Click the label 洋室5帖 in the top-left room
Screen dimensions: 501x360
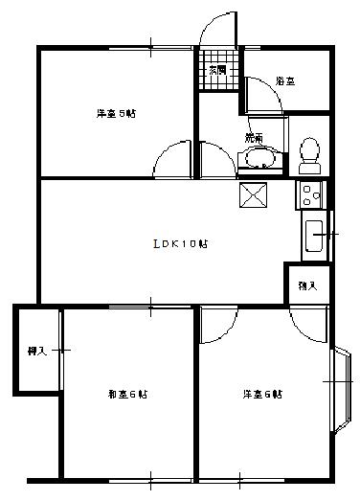[115, 113]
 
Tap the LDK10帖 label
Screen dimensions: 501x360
[181, 243]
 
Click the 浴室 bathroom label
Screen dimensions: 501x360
[284, 81]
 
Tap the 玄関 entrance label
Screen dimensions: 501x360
[217, 70]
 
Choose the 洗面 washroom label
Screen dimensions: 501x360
[254, 138]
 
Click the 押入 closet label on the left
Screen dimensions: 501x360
[35, 351]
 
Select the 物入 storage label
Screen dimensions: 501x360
[306, 285]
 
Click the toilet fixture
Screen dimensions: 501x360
[308, 153]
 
